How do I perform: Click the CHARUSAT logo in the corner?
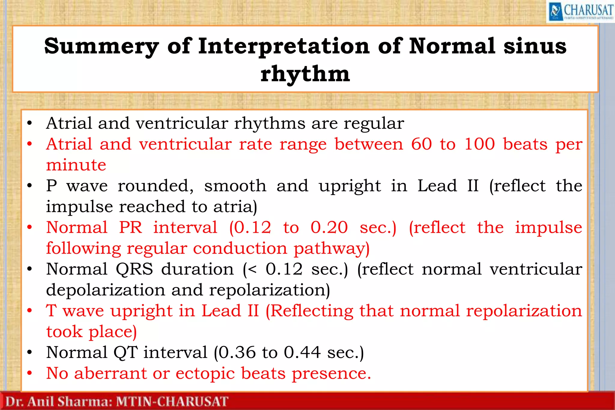tap(580, 11)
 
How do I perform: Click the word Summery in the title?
tap(101, 46)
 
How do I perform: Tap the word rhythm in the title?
tap(305, 74)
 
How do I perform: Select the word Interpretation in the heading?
tap(284, 46)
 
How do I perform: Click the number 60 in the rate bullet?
tap(421, 144)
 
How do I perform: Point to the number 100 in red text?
tap(479, 144)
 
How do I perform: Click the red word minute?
tap(76, 165)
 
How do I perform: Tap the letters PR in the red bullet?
tap(130, 227)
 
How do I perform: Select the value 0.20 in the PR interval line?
tap(329, 227)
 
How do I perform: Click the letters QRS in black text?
tap(134, 269)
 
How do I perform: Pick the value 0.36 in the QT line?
tap(237, 352)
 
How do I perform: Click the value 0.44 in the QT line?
tap(302, 352)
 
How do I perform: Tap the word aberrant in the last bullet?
tap(110, 373)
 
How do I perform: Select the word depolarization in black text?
tap(105, 290)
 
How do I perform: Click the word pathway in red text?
tap(331, 249)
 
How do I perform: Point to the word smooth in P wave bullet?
tap(235, 186)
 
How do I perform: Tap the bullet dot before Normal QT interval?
tap(29, 352)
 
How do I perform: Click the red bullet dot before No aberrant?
tap(29, 373)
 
